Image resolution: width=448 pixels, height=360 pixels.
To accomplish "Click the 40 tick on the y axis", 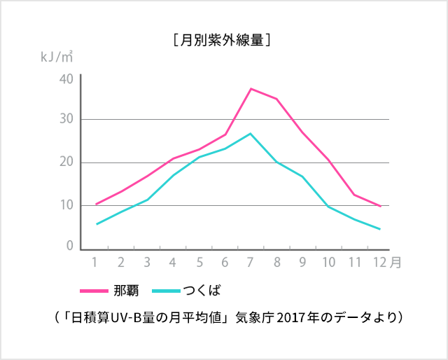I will [x=66, y=78].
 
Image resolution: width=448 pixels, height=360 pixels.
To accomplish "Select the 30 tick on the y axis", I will [x=66, y=120].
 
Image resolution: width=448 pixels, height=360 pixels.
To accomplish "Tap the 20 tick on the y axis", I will [x=66, y=162].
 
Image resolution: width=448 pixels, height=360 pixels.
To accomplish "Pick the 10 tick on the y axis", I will [x=66, y=205].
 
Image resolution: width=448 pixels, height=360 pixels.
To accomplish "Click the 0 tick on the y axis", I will [x=70, y=247].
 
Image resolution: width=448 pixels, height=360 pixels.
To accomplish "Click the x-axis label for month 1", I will [x=94, y=263].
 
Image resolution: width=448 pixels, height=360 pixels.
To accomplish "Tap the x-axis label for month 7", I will [x=251, y=263].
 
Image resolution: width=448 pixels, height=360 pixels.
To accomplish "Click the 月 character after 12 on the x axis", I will [x=396, y=263].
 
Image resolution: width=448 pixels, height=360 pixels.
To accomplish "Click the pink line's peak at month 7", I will [x=251, y=89].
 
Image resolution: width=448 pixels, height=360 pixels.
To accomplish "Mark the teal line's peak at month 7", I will [x=251, y=133].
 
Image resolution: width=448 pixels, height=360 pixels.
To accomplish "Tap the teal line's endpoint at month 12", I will [x=379, y=229].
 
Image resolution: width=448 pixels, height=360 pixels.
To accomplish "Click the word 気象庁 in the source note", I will [x=255, y=317].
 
